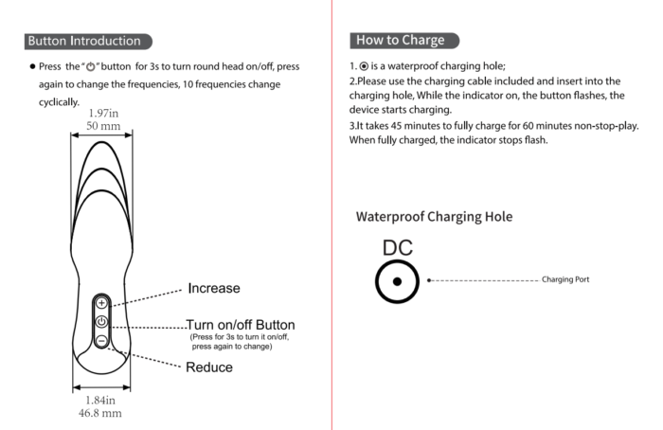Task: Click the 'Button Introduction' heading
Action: click(84, 41)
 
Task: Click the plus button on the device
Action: click(102, 303)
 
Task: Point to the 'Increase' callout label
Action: click(213, 288)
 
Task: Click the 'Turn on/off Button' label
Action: click(240, 325)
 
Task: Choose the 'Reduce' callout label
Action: click(209, 367)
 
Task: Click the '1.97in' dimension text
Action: click(103, 114)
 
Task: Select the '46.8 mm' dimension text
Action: click(99, 413)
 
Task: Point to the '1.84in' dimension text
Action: click(100, 401)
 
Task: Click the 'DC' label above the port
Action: click(397, 248)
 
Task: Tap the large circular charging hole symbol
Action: click(397, 280)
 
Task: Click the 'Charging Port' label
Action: click(565, 280)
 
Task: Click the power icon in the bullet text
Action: click(93, 67)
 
